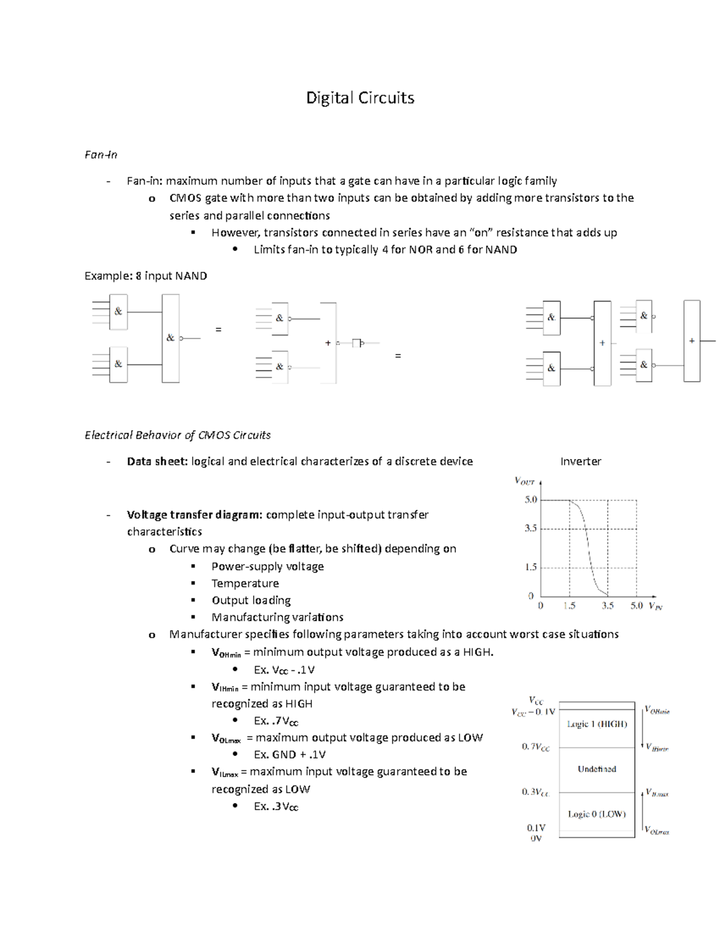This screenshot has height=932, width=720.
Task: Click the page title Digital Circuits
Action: pos(360,98)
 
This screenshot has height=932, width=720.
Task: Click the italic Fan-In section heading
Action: pos(101,155)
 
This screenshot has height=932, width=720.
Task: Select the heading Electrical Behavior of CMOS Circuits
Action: pos(178,435)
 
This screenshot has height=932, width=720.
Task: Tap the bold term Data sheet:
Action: pos(157,461)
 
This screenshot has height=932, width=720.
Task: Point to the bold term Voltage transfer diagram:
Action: pos(194,515)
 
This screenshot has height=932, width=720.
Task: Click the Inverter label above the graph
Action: pos(580,461)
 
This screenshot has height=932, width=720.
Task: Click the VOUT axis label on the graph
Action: pos(524,481)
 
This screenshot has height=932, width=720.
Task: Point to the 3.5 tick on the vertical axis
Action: pos(530,529)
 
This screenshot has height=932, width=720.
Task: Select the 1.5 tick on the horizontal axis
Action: pos(569,606)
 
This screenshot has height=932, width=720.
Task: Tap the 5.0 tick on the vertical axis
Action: pos(530,499)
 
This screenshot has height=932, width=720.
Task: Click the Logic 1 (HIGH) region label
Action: pos(596,724)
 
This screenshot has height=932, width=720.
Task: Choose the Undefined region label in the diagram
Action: pos(596,769)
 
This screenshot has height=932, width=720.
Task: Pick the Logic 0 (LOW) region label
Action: pos(596,814)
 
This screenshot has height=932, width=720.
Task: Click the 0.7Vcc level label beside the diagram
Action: pos(535,747)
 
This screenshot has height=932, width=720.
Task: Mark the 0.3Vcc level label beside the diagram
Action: pos(535,792)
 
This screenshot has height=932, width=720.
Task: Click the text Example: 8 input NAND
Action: pos(146,276)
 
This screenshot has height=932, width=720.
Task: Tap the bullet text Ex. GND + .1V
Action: pos(290,755)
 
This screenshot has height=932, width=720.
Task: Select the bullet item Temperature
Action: pos(245,583)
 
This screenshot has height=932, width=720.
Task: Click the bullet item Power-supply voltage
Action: pos(268,567)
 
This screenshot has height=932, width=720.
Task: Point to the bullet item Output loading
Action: pos(251,600)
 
